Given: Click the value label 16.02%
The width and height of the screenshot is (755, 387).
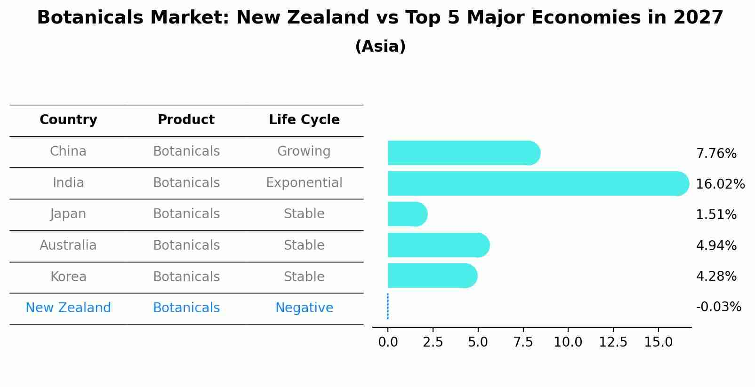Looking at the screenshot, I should pyautogui.click(x=720, y=184).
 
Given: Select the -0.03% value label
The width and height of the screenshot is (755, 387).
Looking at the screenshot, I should pyautogui.click(x=718, y=307).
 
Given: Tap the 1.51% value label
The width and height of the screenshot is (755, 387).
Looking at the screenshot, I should pyautogui.click(x=716, y=215).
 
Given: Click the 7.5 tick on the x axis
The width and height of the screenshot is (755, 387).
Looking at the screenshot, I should pyautogui.click(x=523, y=342).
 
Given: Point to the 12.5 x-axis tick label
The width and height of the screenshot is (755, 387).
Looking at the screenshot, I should pyautogui.click(x=613, y=342).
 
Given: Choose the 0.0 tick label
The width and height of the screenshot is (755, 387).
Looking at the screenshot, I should pyautogui.click(x=388, y=342).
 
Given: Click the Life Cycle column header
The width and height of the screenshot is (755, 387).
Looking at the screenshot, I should pyautogui.click(x=304, y=120).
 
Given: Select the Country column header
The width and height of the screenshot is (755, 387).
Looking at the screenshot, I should pyautogui.click(x=68, y=120).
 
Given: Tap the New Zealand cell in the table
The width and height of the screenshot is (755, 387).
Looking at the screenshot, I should pyautogui.click(x=68, y=308).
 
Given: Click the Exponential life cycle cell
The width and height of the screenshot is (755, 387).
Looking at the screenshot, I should pyautogui.click(x=304, y=183).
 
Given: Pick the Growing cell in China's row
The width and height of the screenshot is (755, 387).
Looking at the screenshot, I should pyautogui.click(x=304, y=151).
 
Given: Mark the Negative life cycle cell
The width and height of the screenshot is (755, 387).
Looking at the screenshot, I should pyautogui.click(x=304, y=308).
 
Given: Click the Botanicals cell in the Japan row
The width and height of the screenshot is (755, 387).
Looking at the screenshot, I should pyautogui.click(x=186, y=214).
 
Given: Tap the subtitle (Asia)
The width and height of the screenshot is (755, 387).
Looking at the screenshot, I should pyautogui.click(x=380, y=47).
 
